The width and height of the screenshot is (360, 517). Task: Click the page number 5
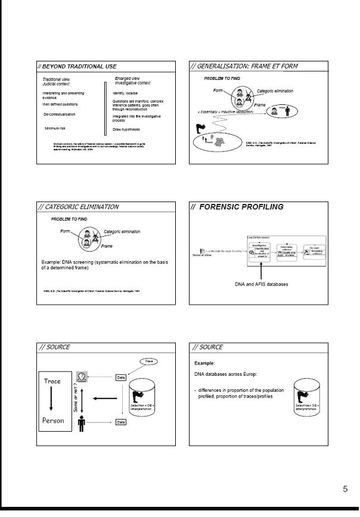(x=345, y=490)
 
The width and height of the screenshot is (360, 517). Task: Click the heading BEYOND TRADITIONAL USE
(x=78, y=66)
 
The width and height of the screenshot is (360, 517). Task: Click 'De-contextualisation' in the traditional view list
(x=59, y=114)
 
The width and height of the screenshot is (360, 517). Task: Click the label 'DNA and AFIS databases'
(x=261, y=284)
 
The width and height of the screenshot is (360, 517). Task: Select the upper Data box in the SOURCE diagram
(x=121, y=377)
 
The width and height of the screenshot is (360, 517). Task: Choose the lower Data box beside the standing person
(x=121, y=422)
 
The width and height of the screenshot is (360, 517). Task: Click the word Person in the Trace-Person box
(x=52, y=420)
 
